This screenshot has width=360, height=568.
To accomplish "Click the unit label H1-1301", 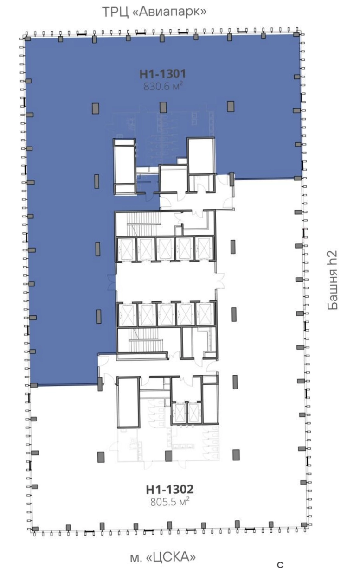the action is click(163, 74).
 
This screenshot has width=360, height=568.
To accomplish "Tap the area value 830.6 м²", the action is click(163, 87).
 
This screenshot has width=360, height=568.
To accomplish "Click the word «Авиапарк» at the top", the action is click(169, 12).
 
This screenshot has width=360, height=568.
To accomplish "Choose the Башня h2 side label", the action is click(332, 280).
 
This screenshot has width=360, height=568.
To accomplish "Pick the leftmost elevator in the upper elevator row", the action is click(126, 249).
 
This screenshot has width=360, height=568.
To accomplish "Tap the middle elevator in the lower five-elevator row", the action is click(166, 314).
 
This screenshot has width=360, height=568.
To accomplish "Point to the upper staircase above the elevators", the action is click(143, 224).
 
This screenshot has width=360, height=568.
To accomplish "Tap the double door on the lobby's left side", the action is click(112, 282).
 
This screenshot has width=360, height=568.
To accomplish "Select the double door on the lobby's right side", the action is click(220, 281).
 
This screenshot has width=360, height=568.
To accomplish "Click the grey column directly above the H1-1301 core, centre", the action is click(163, 107).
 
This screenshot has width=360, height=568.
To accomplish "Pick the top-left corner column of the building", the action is click(27, 38).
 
